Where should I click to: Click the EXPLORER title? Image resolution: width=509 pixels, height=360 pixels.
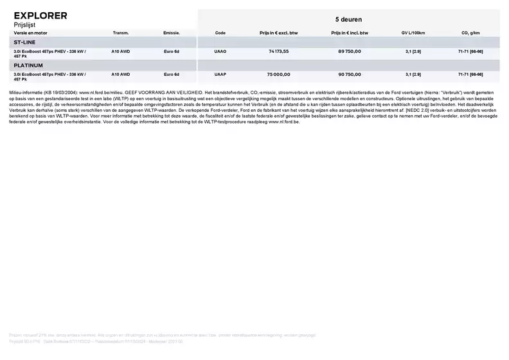pyautogui.click(x=40, y=15)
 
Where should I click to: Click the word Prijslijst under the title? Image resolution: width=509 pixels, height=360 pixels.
pyautogui.click(x=26, y=24)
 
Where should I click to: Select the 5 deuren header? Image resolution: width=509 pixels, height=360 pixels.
pyautogui.click(x=348, y=19)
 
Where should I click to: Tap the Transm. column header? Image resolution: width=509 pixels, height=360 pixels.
pyautogui.click(x=120, y=32)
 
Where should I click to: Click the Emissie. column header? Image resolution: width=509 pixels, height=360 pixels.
pyautogui.click(x=172, y=32)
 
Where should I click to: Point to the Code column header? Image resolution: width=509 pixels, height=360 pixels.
pyautogui.click(x=220, y=32)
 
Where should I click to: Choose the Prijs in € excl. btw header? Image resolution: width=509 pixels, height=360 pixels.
pyautogui.click(x=278, y=32)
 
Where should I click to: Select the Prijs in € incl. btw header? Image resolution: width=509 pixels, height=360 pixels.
pyautogui.click(x=350, y=32)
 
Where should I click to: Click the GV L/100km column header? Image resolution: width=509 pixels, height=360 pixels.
pyautogui.click(x=413, y=32)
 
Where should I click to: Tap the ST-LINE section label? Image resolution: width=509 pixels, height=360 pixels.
pyautogui.click(x=25, y=42)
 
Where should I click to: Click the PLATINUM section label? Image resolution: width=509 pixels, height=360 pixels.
pyautogui.click(x=28, y=65)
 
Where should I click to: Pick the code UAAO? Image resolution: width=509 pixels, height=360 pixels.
pyautogui.click(x=220, y=51)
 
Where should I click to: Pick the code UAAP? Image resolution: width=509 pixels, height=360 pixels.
pyautogui.click(x=220, y=74)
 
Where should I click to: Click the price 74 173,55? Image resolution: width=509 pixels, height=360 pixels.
pyautogui.click(x=278, y=51)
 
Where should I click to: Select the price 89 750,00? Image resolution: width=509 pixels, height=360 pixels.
pyautogui.click(x=350, y=51)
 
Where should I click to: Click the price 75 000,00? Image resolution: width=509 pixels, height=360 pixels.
pyautogui.click(x=278, y=74)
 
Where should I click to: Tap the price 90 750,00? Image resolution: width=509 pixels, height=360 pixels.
pyautogui.click(x=350, y=74)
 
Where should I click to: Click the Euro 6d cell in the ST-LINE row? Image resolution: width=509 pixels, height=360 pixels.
pyautogui.click(x=172, y=51)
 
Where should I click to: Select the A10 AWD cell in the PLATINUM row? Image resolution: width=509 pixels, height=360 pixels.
pyautogui.click(x=120, y=74)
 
